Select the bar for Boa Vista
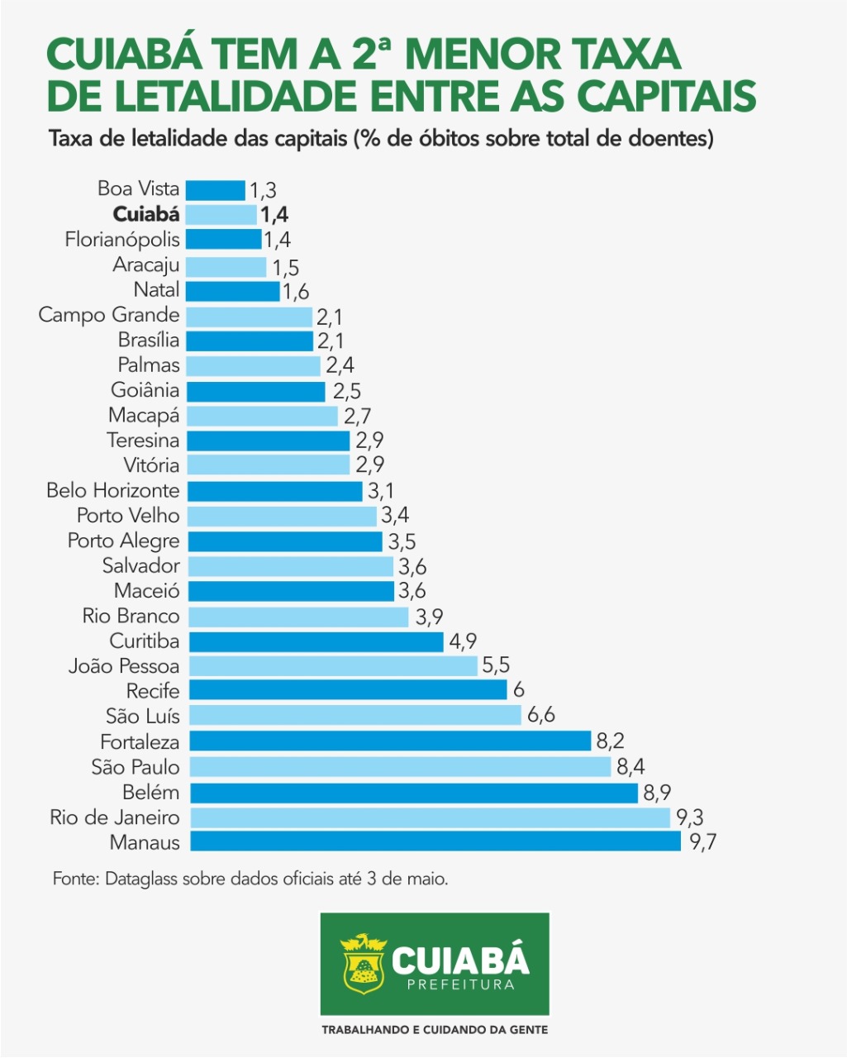point(216,189)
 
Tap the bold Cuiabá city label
point(146,214)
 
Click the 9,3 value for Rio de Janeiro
point(689,817)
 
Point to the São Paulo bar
point(399,767)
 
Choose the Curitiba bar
point(315,641)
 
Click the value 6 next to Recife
point(518,690)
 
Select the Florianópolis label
point(122,240)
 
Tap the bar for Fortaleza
point(388,741)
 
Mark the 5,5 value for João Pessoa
point(496,666)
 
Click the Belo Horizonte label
point(113,491)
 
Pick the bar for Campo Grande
point(249,316)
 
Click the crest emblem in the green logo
point(363,964)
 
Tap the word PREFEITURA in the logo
point(460,984)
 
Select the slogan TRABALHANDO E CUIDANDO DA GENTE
point(435,1030)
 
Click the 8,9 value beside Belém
point(657,793)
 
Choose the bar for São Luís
point(354,716)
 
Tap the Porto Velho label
point(128,516)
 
